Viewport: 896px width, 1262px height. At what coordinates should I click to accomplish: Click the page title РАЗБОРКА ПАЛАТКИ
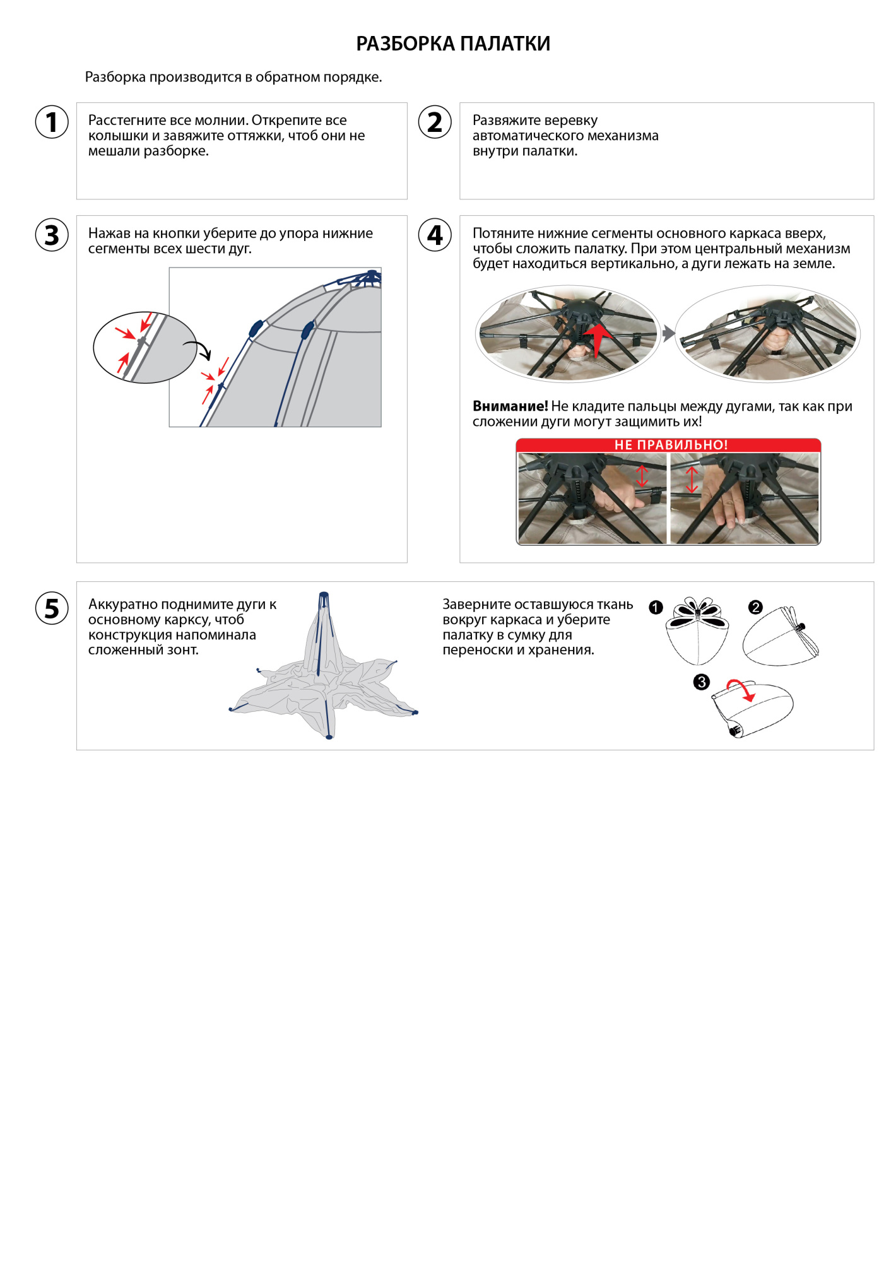coord(453,44)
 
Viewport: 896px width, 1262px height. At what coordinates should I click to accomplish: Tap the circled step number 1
coord(52,122)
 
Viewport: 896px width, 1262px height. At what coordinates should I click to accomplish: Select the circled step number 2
coord(435,122)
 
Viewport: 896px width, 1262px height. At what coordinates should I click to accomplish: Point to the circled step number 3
coord(52,235)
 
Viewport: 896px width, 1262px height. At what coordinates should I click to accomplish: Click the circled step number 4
coord(435,235)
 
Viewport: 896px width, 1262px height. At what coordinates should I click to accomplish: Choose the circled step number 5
coord(52,608)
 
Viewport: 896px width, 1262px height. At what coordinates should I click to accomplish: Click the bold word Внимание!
coord(510,406)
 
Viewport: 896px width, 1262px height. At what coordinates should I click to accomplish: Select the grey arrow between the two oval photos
coord(668,333)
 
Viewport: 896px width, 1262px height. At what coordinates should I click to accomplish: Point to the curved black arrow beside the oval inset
coord(198,349)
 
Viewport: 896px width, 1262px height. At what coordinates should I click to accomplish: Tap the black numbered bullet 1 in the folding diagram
coord(656,607)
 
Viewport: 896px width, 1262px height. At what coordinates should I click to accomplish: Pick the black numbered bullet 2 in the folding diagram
coord(755,607)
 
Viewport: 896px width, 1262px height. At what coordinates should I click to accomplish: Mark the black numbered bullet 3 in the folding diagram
coord(701,681)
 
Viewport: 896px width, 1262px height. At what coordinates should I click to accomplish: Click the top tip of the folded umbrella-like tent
coord(324,595)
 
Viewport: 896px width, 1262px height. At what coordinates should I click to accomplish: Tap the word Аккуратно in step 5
coord(122,604)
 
